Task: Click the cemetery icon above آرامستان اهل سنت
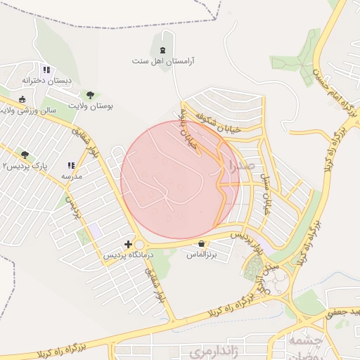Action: point(164,49)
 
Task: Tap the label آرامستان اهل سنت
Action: point(164,61)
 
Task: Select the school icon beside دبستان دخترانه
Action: point(46,70)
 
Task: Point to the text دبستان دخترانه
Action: point(47,81)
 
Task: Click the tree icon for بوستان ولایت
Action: point(89,94)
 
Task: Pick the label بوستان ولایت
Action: point(90,105)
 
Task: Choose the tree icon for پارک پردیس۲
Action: point(25,155)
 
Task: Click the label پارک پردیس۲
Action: point(25,166)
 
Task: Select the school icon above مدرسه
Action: point(72,165)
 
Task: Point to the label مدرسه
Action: point(72,176)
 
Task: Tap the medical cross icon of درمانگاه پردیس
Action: point(127,244)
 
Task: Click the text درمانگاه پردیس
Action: point(127,255)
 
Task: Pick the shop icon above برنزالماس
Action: point(202,244)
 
